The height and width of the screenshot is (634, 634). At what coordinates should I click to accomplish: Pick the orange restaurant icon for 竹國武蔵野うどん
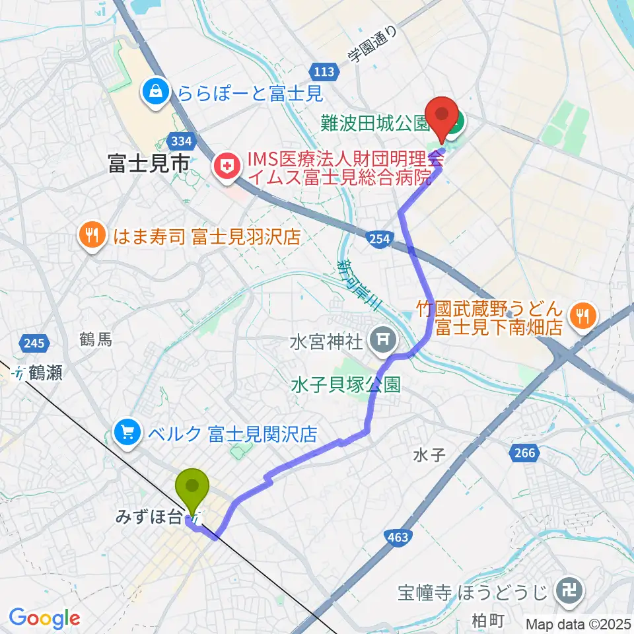coord(581,316)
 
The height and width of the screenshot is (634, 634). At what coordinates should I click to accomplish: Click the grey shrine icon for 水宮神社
coord(382,341)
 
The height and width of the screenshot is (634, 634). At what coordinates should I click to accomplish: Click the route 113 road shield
coord(323,70)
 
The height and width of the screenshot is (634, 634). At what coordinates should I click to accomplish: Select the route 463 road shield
coord(398,538)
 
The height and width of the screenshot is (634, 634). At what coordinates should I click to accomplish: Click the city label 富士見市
coord(149,163)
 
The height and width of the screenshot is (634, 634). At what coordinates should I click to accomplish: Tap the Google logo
coord(45,619)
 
